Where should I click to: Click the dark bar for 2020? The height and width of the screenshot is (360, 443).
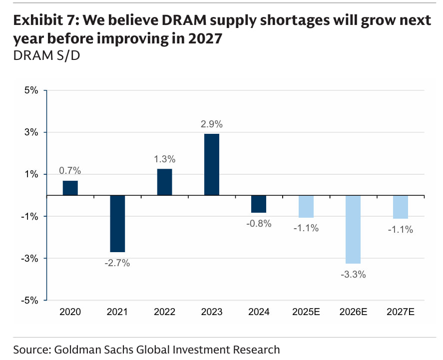pyautogui.click(x=70, y=188)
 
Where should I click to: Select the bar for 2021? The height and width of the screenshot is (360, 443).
pyautogui.click(x=117, y=224)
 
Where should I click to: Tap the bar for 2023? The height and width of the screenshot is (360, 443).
pyautogui.click(x=212, y=164)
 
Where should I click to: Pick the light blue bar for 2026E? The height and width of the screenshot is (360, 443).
pyautogui.click(x=354, y=229)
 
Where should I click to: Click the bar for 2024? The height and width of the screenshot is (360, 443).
pyautogui.click(x=259, y=204)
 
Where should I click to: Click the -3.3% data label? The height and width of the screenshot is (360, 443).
pyautogui.click(x=354, y=274)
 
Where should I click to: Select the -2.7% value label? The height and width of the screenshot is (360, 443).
pyautogui.click(x=117, y=263)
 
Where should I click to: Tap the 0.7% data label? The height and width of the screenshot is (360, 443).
pyautogui.click(x=70, y=171)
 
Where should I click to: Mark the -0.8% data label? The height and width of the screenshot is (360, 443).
pyautogui.click(x=259, y=224)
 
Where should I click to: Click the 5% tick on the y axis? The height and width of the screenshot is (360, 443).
pyautogui.click(x=31, y=90)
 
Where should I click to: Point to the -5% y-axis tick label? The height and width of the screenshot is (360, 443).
pyautogui.click(x=30, y=300)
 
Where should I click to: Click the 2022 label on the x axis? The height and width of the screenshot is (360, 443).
pyautogui.click(x=164, y=312)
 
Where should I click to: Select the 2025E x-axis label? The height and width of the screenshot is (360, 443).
pyautogui.click(x=306, y=312)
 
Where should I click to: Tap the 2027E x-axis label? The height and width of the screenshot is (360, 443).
pyautogui.click(x=401, y=312)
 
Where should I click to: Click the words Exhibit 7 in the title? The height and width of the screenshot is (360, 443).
pyautogui.click(x=45, y=20)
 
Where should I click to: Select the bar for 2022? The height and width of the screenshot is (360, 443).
pyautogui.click(x=164, y=182)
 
